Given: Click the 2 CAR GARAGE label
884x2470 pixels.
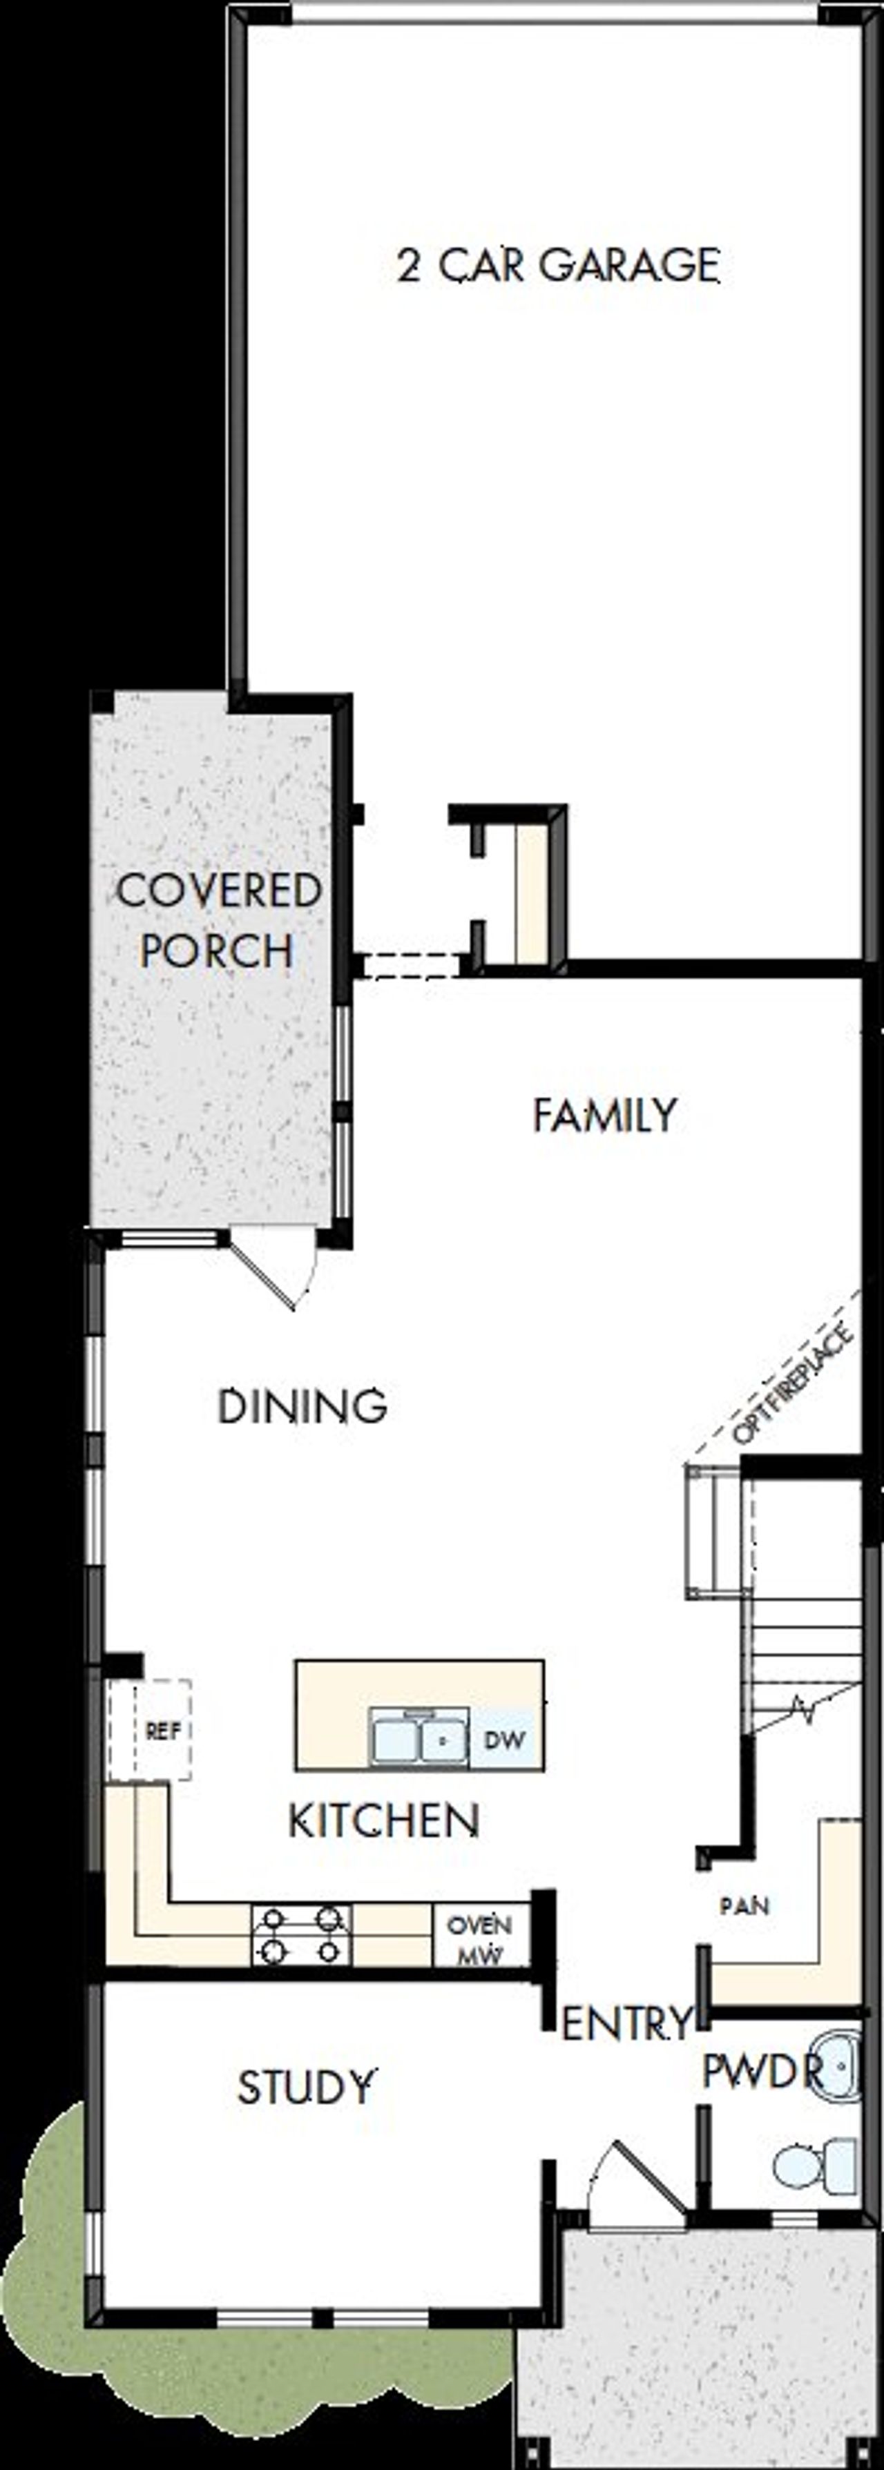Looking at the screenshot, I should click(x=558, y=266).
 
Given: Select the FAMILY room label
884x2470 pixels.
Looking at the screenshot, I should click(x=604, y=1115).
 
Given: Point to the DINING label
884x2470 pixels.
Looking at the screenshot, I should click(x=302, y=1407).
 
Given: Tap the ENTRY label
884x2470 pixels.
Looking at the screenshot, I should click(x=625, y=2024).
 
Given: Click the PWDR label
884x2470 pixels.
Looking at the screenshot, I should click(x=762, y=2071).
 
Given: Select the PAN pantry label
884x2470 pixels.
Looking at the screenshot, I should click(x=744, y=1905).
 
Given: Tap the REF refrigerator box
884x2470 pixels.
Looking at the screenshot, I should click(x=162, y=1731).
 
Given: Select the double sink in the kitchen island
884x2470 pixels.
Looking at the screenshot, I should click(x=419, y=1738).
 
